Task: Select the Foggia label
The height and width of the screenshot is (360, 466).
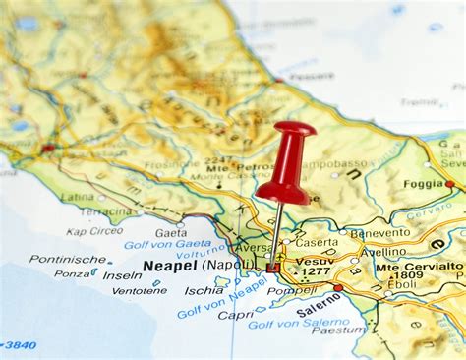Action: point(423,183)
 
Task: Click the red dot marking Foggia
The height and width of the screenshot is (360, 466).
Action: point(449,183)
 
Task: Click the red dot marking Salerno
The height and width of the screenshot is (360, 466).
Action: point(337,288)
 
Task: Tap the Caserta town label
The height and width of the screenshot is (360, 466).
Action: point(316,242)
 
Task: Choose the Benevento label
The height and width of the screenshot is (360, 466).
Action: point(379,234)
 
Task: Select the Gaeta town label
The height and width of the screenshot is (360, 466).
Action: point(171,233)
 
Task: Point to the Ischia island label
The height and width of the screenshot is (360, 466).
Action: point(204,290)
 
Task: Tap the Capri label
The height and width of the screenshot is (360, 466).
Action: point(236,316)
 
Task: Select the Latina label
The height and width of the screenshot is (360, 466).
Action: point(78,197)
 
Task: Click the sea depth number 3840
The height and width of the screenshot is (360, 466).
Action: point(20,345)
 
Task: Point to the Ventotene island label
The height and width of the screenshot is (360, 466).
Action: point(139,291)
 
